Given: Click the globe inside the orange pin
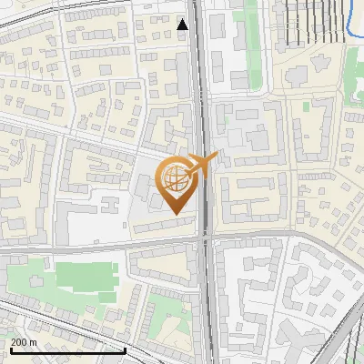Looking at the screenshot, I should pyautogui.click(x=177, y=178).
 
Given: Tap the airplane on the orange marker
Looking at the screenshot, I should pyautogui.click(x=202, y=164).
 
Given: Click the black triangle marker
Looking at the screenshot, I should pyautogui.click(x=183, y=25).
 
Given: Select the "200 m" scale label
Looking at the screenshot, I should pyautogui.click(x=24, y=342).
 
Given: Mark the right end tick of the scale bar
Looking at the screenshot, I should pyautogui.click(x=125, y=349).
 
